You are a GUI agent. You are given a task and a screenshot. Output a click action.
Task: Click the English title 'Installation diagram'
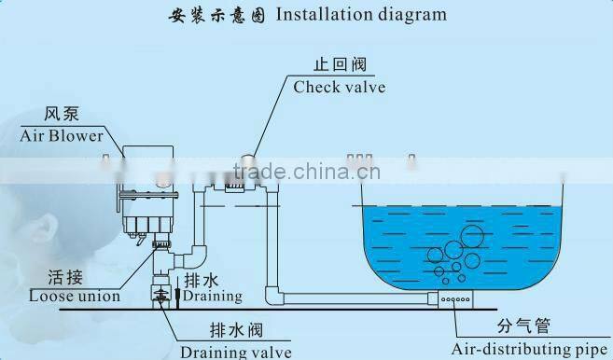tap(362, 15)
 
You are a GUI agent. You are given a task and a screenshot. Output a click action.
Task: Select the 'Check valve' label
tap(340, 88)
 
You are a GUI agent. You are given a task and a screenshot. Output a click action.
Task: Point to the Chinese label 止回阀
tap(339, 65)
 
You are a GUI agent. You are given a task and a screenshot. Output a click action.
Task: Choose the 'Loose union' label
tap(76, 297)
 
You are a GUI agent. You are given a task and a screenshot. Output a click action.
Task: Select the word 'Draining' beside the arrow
tap(212, 297)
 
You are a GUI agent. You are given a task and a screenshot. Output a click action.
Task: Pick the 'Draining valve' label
tap(236, 352)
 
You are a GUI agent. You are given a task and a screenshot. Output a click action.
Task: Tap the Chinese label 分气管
tap(521, 326)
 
